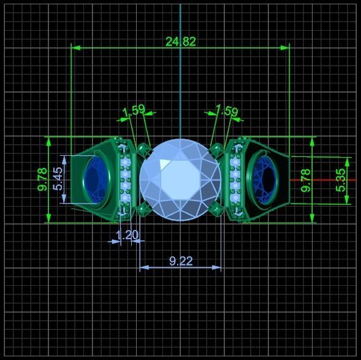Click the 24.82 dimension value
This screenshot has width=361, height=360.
click(180, 42)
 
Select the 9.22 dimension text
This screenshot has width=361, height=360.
click(181, 261)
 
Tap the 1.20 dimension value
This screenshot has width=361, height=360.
click(127, 234)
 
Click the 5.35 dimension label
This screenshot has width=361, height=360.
click(341, 180)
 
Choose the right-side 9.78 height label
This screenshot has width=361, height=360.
click(306, 180)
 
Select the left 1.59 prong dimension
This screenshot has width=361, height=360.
click(134, 110)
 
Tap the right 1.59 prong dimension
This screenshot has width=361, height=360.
click(226, 110)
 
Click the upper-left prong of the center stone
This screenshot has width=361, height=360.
click(144, 150)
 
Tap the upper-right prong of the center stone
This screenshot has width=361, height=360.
click(216, 150)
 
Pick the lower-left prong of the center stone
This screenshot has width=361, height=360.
click(144, 209)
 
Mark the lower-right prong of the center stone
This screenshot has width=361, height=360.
click(216, 209)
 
